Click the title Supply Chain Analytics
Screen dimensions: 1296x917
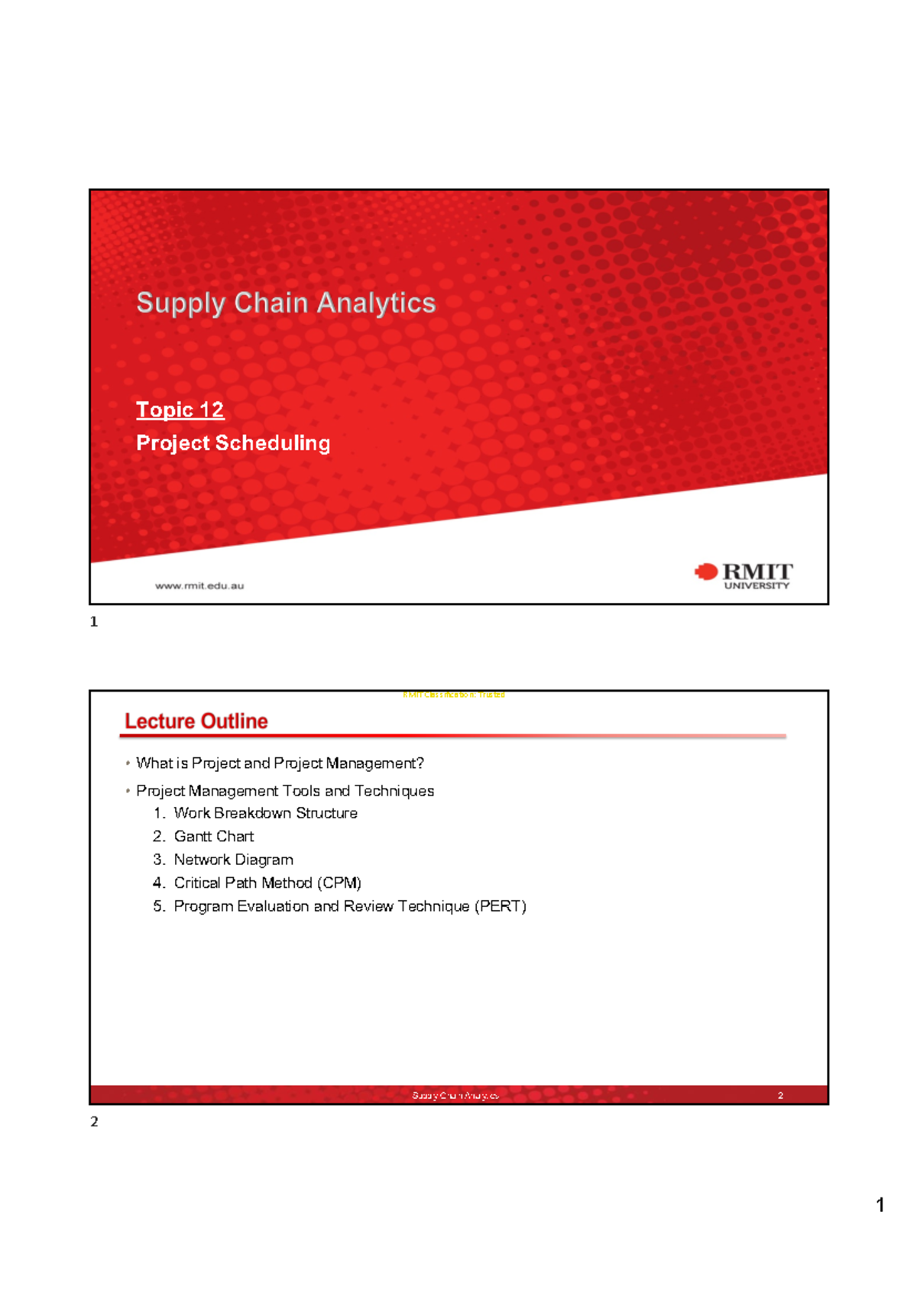286,303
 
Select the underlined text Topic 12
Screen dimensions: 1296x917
180,410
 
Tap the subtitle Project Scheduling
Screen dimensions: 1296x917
233,443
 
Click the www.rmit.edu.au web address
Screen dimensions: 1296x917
199,586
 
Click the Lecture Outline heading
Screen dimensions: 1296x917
196,721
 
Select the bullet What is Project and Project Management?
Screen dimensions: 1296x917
280,763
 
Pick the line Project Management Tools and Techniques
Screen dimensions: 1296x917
285,791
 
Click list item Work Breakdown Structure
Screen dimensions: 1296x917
265,813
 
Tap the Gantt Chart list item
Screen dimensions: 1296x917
214,837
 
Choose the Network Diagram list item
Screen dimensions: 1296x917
233,860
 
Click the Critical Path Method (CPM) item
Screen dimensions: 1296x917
267,883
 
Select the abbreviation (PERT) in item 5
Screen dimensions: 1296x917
501,906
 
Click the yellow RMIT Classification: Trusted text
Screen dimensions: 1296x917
454,695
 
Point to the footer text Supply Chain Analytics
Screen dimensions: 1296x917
455,1096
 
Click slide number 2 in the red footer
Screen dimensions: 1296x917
780,1096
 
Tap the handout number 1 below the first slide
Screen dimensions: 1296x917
94,622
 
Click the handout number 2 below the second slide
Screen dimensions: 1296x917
94,1122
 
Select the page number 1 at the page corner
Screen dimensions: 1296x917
880,1205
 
